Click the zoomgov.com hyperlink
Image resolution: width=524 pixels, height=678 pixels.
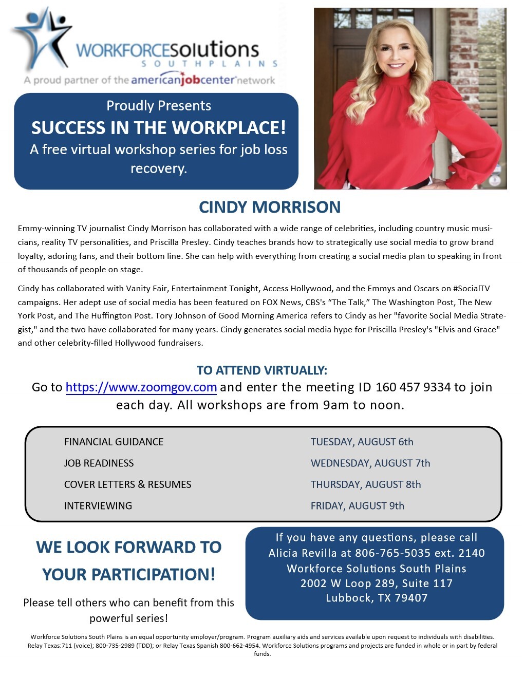point(141,387)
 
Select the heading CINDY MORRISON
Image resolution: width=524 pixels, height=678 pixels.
point(269,207)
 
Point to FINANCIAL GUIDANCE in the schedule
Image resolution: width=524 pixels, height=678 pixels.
point(114,442)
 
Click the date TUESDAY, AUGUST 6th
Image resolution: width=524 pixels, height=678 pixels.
point(362,442)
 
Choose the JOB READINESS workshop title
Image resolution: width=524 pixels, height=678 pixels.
point(99,463)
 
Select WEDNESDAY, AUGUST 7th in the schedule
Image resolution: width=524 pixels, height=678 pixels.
point(370,463)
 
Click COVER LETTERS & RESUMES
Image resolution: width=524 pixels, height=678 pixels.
point(127,484)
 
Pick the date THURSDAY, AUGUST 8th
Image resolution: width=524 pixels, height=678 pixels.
point(365,484)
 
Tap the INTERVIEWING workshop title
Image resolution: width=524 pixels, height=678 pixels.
point(98,506)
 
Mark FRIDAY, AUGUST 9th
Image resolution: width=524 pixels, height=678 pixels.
point(357,506)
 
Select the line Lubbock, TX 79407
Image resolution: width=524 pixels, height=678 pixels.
point(376,598)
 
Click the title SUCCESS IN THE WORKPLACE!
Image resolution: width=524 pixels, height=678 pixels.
point(158,127)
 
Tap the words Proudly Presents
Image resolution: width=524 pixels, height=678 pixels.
point(158,106)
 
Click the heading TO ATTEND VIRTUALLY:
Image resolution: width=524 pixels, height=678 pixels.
point(261,370)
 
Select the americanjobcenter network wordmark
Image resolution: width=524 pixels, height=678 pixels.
point(202,80)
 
